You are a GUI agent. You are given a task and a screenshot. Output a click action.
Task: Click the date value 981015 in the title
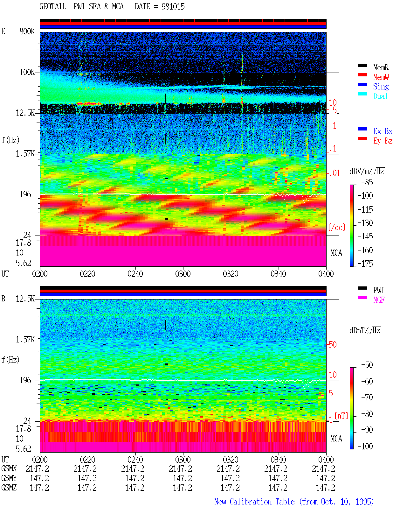(173, 7)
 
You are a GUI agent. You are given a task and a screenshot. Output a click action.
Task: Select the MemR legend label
(381, 67)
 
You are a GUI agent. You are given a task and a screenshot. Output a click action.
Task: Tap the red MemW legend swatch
(362, 75)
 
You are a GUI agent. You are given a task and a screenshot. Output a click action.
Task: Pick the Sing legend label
(381, 87)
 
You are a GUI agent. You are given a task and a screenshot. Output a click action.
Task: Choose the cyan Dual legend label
(381, 96)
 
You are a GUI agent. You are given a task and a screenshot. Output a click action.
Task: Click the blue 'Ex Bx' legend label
(383, 131)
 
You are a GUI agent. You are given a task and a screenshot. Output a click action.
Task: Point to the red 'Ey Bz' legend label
(383, 141)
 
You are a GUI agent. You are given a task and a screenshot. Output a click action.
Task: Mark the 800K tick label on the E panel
(27, 31)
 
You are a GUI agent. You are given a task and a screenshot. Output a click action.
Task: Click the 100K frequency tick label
(27, 72)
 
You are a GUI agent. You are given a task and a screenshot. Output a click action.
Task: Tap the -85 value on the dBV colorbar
(367, 182)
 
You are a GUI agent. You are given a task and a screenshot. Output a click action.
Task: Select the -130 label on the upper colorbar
(365, 223)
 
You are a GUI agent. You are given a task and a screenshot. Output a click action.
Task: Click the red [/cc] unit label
(337, 227)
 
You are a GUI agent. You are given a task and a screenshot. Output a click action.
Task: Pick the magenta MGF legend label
(379, 300)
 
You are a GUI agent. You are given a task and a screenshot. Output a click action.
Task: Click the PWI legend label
(378, 290)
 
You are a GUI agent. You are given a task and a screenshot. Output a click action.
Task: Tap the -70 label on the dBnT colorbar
(367, 398)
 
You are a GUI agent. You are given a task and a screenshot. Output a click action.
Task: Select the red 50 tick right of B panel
(333, 344)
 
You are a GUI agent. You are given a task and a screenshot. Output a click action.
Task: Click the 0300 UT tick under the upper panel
(183, 274)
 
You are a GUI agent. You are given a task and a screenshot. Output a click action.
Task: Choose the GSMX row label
(9, 468)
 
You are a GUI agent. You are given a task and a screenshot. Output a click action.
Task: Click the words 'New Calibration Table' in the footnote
(254, 502)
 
